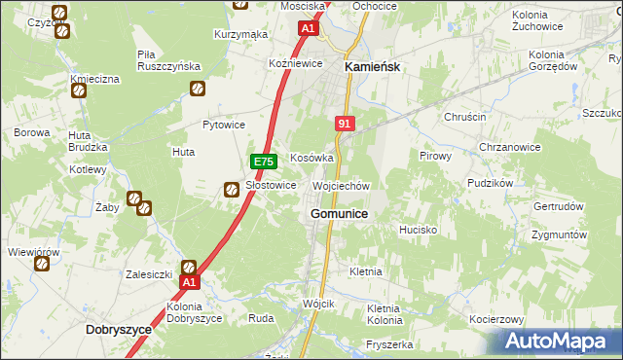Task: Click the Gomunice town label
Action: click(338, 213)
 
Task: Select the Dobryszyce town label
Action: click(119, 329)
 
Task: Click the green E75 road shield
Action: click(261, 161)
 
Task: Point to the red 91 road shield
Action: click(346, 124)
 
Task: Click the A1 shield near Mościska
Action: click(308, 29)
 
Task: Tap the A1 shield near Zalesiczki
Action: click(191, 282)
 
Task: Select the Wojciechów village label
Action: click(341, 185)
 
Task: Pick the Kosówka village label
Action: click(312, 157)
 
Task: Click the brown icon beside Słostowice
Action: click(233, 191)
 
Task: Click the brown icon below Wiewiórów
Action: click(41, 264)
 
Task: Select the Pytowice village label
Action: click(223, 125)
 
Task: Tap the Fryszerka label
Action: click(390, 344)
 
